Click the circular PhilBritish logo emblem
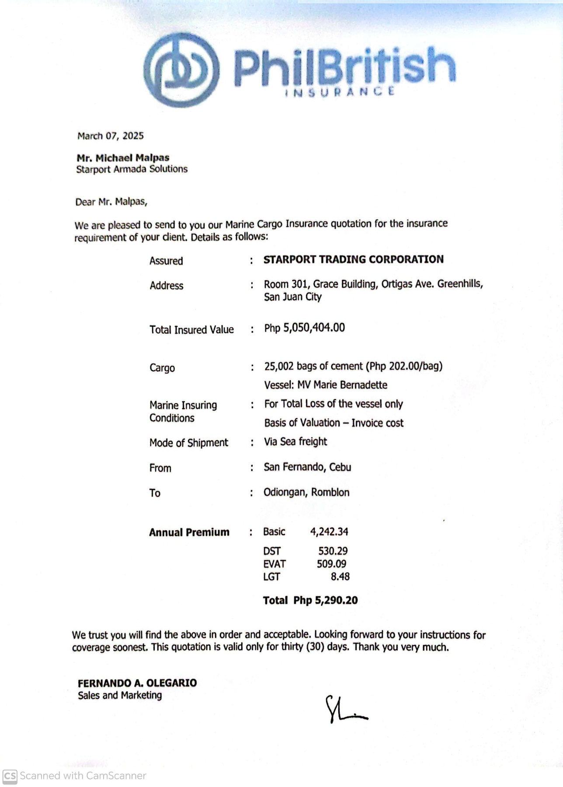(x=181, y=70)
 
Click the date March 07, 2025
(x=110, y=136)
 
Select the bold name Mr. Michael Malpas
(x=123, y=158)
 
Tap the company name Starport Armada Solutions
(x=132, y=169)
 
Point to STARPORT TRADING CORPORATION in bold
(x=353, y=259)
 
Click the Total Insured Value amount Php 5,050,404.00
(x=304, y=328)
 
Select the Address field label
(x=167, y=286)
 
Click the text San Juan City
(x=292, y=297)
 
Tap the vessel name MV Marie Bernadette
(x=342, y=385)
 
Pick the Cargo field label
(x=162, y=368)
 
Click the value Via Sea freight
(x=295, y=442)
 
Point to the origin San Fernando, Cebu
(x=307, y=467)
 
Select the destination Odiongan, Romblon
(x=306, y=492)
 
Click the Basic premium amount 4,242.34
(x=329, y=532)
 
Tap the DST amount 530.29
(x=333, y=551)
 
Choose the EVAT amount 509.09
(x=331, y=564)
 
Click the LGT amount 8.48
(x=340, y=577)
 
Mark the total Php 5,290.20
(x=325, y=600)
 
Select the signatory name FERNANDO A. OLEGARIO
(x=137, y=683)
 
